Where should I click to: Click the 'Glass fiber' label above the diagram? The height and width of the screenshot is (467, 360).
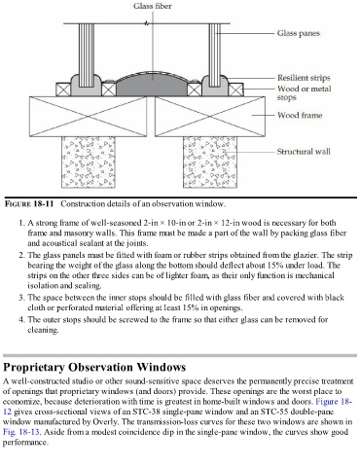point(153,6)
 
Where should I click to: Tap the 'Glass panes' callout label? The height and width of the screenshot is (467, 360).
point(299,33)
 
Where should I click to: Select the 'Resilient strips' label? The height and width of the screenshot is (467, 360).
point(304,78)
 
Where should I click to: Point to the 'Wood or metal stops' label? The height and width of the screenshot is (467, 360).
point(305,92)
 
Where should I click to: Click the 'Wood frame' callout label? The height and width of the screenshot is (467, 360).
point(300,115)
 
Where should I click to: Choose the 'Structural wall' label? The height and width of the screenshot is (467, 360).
point(304,152)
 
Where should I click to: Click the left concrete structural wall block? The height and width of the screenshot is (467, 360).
point(89,162)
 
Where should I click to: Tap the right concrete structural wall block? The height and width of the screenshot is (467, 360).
point(210,162)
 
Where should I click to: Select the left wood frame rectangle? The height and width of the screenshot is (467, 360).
point(88,117)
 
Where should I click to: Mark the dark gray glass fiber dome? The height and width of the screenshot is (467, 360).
point(152,85)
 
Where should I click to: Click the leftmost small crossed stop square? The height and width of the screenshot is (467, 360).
point(63,90)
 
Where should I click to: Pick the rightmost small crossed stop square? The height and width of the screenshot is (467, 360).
point(235,90)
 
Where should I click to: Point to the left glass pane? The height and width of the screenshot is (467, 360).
point(87,54)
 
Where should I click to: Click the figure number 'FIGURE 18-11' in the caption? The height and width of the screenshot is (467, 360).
point(29,204)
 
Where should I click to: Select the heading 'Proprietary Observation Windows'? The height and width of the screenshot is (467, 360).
point(94,367)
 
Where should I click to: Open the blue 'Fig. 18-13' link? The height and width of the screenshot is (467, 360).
point(21,432)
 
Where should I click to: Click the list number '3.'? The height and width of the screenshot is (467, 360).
point(21,298)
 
